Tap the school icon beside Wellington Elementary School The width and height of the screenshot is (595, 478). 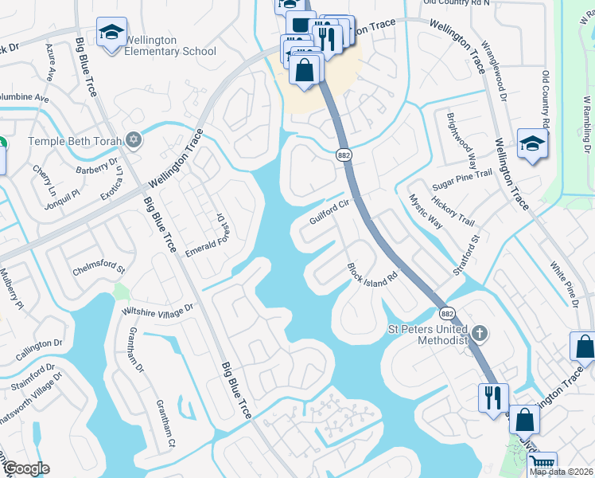(x=111, y=33)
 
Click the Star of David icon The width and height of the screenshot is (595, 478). (x=134, y=141)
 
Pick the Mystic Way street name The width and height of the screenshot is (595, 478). (x=426, y=211)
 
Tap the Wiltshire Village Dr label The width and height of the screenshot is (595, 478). (x=157, y=309)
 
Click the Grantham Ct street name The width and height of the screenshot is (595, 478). (x=164, y=423)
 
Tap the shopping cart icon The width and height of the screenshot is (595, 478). (x=542, y=464)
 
